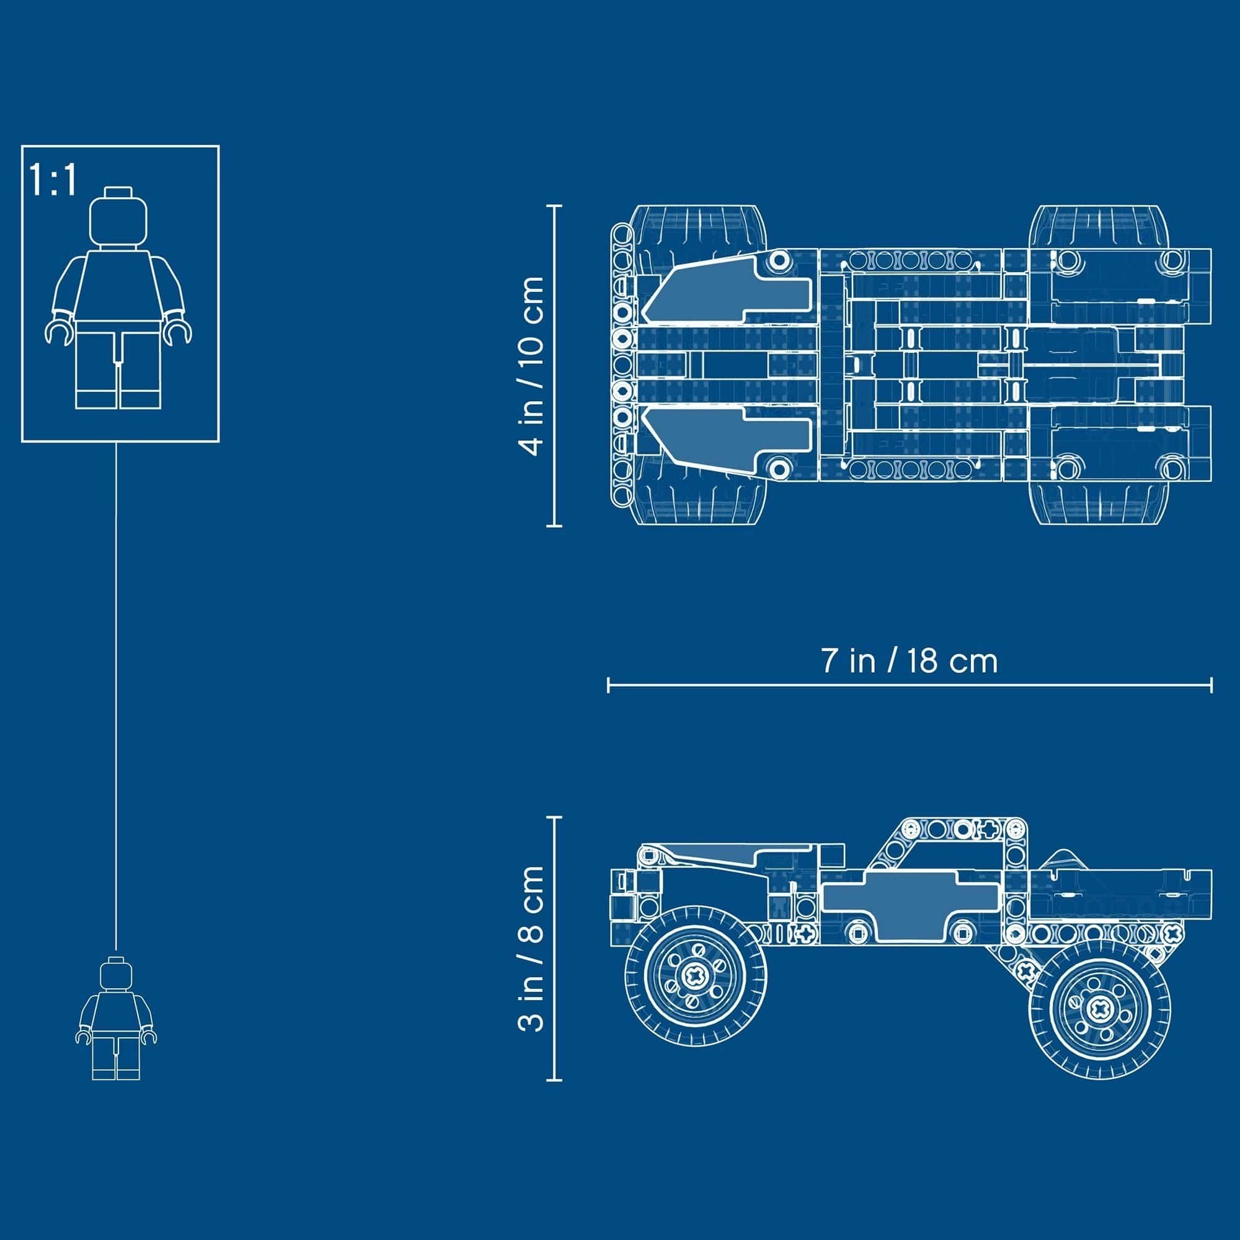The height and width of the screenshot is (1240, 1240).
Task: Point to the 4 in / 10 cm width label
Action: [x=533, y=366]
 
